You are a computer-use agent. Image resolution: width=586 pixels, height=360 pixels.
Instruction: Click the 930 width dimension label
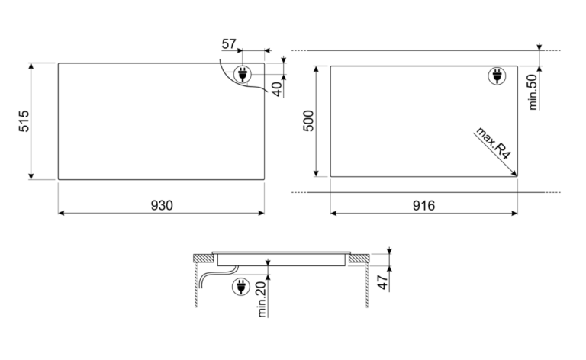coord(162,205)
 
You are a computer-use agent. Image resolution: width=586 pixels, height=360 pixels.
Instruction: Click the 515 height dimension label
coord(24,121)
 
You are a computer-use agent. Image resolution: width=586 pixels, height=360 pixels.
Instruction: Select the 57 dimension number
coord(229,44)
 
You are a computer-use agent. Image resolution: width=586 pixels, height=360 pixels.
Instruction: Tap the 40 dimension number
coord(277,89)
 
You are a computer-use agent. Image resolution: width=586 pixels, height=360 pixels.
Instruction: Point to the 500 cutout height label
coord(308,121)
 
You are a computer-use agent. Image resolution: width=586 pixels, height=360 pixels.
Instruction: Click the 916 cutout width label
coord(423,205)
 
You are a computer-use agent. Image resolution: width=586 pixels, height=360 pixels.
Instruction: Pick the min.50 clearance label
coord(533,92)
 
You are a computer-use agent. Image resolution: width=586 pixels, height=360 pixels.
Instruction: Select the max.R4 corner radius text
coord(494,143)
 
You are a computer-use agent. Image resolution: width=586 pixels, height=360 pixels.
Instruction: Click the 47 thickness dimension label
coord(382,282)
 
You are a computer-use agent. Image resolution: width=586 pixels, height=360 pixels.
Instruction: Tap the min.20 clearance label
coord(262,300)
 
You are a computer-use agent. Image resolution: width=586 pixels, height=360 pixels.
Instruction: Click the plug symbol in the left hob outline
coord(243,74)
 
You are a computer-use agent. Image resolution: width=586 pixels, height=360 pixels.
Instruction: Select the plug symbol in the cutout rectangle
coord(497,76)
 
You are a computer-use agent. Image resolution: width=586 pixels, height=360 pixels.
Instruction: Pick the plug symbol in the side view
coord(241,288)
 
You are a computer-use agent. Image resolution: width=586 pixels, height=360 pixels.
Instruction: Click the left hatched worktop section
coord(202,258)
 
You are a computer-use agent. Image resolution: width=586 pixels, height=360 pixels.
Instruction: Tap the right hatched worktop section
coord(359,258)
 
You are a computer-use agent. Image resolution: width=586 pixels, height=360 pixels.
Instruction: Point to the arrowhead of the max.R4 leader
coord(514,173)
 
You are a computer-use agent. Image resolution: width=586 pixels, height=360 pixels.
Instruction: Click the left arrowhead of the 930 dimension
coord(62,213)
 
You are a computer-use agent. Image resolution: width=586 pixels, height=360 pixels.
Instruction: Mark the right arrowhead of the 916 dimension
coord(514,214)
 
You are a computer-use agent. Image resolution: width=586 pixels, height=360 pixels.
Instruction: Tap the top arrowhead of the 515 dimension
coord(31,66)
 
